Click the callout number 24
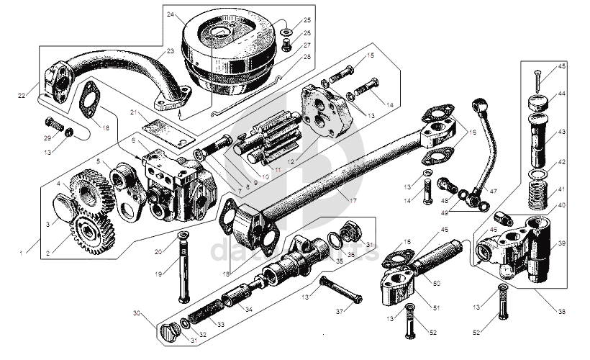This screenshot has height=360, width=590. click(x=171, y=14)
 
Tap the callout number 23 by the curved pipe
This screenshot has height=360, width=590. click(x=171, y=50)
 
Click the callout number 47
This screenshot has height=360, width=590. click(x=493, y=192)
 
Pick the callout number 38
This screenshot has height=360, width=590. click(x=561, y=311)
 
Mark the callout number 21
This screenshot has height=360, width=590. click(x=134, y=112)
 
